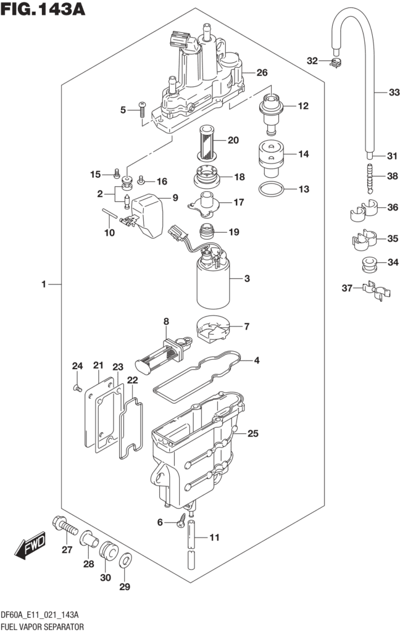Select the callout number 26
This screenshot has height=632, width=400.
click(x=262, y=73)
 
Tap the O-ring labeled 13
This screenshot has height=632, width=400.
click(x=272, y=189)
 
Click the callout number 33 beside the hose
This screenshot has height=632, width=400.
click(x=394, y=93)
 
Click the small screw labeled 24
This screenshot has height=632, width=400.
click(x=77, y=388)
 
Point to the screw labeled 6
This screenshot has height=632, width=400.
click(x=182, y=520)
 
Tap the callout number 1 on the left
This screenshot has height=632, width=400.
click(x=44, y=284)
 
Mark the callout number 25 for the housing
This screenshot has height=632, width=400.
click(x=252, y=434)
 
